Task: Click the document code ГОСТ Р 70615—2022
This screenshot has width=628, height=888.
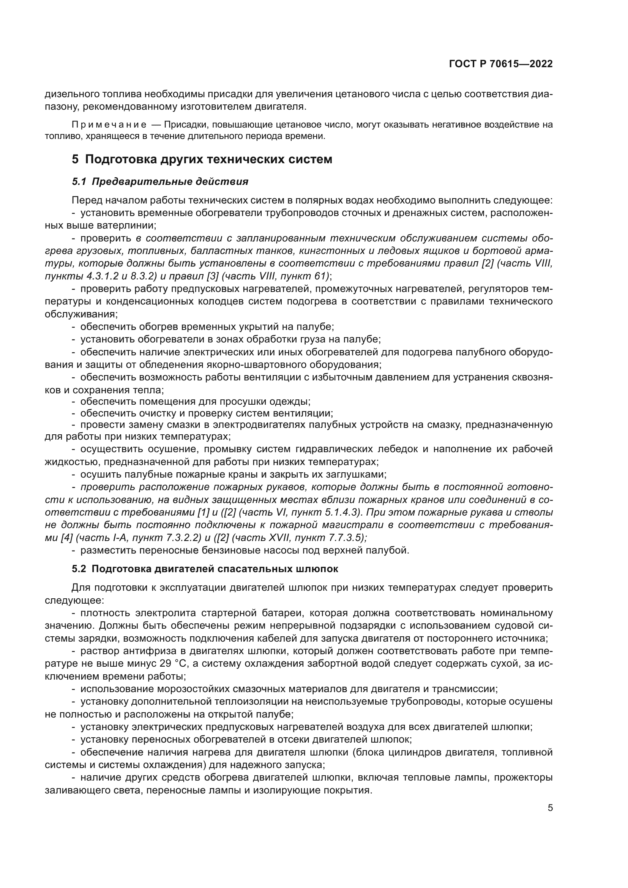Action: point(501,64)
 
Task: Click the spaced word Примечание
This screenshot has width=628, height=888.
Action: point(109,125)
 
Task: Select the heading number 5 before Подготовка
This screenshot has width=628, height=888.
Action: point(75,159)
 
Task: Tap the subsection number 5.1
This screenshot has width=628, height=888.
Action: point(79,182)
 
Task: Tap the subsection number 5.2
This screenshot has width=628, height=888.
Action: point(79,569)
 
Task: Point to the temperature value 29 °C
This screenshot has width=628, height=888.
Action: point(173,664)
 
